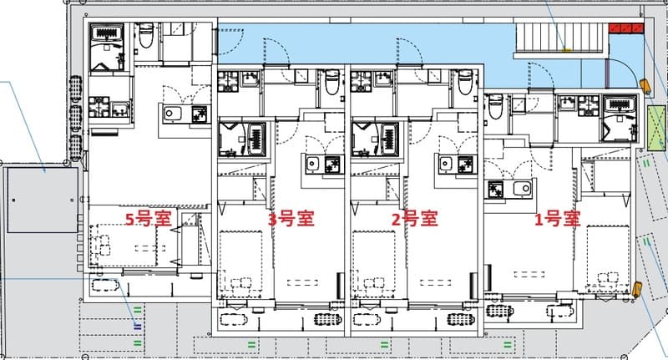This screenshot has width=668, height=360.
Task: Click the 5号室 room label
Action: [148, 220]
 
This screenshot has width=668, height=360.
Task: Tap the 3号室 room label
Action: [291, 220]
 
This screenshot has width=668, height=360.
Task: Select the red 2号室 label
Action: [415, 220]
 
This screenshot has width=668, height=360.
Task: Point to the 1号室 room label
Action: [557, 220]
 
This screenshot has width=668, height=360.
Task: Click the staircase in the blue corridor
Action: [558, 38]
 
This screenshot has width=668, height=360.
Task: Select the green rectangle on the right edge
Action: [657, 128]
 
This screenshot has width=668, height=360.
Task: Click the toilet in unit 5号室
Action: [145, 36]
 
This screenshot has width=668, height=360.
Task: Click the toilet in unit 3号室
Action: [331, 84]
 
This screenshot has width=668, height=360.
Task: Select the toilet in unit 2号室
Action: [466, 84]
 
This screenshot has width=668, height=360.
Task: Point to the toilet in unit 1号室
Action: [495, 106]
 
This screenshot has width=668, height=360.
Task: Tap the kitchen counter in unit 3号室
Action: [324, 164]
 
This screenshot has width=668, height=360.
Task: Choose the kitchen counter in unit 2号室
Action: [458, 164]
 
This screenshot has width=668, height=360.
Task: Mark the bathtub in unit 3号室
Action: [256, 135]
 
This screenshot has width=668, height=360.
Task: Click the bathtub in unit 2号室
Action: [390, 135]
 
